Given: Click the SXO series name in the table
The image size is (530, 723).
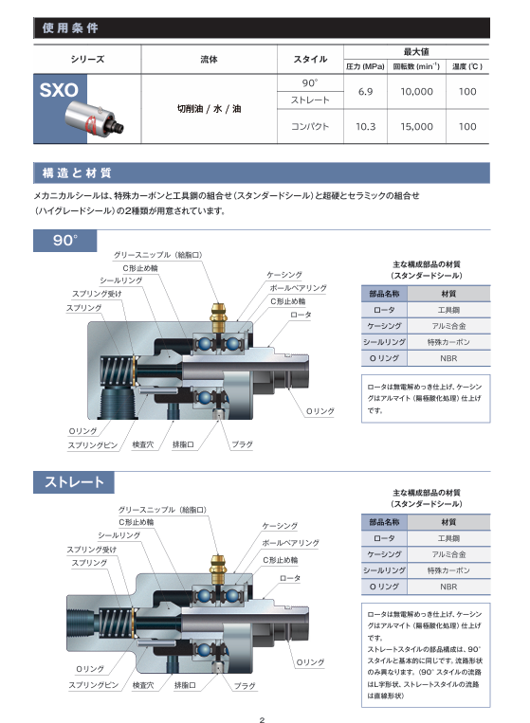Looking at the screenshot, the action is (59, 90).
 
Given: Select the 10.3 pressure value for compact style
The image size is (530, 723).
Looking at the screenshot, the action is (365, 126).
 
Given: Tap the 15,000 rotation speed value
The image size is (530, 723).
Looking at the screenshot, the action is (416, 126).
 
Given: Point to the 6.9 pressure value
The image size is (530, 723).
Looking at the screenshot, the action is (365, 91).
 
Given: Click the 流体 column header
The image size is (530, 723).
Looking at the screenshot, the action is (209, 59).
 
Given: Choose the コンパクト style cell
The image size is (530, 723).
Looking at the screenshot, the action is (310, 126).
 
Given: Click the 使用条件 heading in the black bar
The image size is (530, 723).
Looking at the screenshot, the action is (70, 28).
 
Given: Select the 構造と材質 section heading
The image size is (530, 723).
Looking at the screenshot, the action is (77, 172).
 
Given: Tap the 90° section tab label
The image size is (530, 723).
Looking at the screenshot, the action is (65, 241).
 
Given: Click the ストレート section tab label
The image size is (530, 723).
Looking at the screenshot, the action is (74, 482).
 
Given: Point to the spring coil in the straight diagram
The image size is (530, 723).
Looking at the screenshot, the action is (116, 622).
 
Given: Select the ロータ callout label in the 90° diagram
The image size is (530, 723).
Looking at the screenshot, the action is (301, 315).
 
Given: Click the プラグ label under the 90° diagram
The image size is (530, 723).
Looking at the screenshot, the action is (242, 444).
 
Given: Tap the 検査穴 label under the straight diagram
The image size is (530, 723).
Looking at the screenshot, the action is (143, 685).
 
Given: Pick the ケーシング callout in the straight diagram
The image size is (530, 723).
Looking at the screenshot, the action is (280, 526).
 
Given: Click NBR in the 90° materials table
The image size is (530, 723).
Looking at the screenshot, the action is (448, 358).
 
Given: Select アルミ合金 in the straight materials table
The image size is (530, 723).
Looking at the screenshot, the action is (448, 554).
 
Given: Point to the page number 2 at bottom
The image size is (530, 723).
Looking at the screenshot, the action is (262, 719).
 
